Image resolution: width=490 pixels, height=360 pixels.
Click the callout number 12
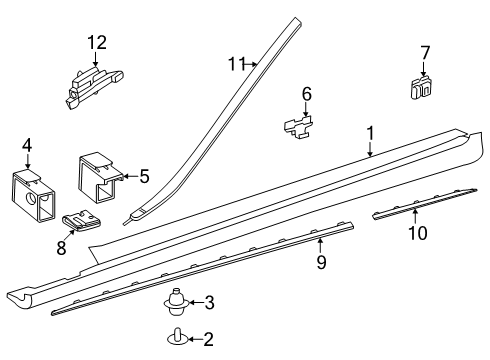pyautogui.click(x=97, y=43)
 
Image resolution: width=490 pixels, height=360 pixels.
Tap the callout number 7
pyautogui.click(x=425, y=53)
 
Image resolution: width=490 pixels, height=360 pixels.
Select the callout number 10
pyautogui.click(x=418, y=233)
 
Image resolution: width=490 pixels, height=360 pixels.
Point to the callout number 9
pyautogui.click(x=321, y=262)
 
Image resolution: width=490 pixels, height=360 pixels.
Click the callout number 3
pyautogui.click(x=209, y=303)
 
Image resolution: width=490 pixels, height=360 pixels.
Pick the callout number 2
pyautogui.click(x=208, y=339)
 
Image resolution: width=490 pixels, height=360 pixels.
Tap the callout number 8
pyautogui.click(x=61, y=248)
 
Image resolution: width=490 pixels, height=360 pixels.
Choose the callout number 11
pyautogui.click(x=236, y=64)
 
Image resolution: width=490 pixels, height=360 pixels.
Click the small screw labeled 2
pyautogui.click(x=177, y=337)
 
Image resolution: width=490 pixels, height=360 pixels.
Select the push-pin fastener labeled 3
pyautogui.click(x=177, y=302)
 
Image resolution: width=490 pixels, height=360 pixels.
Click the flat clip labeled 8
pyautogui.click(x=82, y=221)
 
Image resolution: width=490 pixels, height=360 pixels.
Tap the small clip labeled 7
pyautogui.click(x=422, y=88)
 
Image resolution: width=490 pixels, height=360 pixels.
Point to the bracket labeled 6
pyautogui.click(x=299, y=126)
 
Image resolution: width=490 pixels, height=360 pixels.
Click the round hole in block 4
pyautogui.click(x=31, y=198)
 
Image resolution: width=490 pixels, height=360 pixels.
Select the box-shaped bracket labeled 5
pyautogui.click(x=100, y=177)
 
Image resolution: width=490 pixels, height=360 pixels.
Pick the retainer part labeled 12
pyautogui.click(x=93, y=86)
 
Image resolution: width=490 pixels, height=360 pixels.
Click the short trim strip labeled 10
pyautogui.click(x=424, y=204)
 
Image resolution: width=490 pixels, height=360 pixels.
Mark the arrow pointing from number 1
pyautogui.click(x=370, y=149)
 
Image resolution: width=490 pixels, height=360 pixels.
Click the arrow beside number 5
pyautogui.click(x=130, y=176)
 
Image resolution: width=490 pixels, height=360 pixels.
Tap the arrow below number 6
pyautogui.click(x=306, y=110)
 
